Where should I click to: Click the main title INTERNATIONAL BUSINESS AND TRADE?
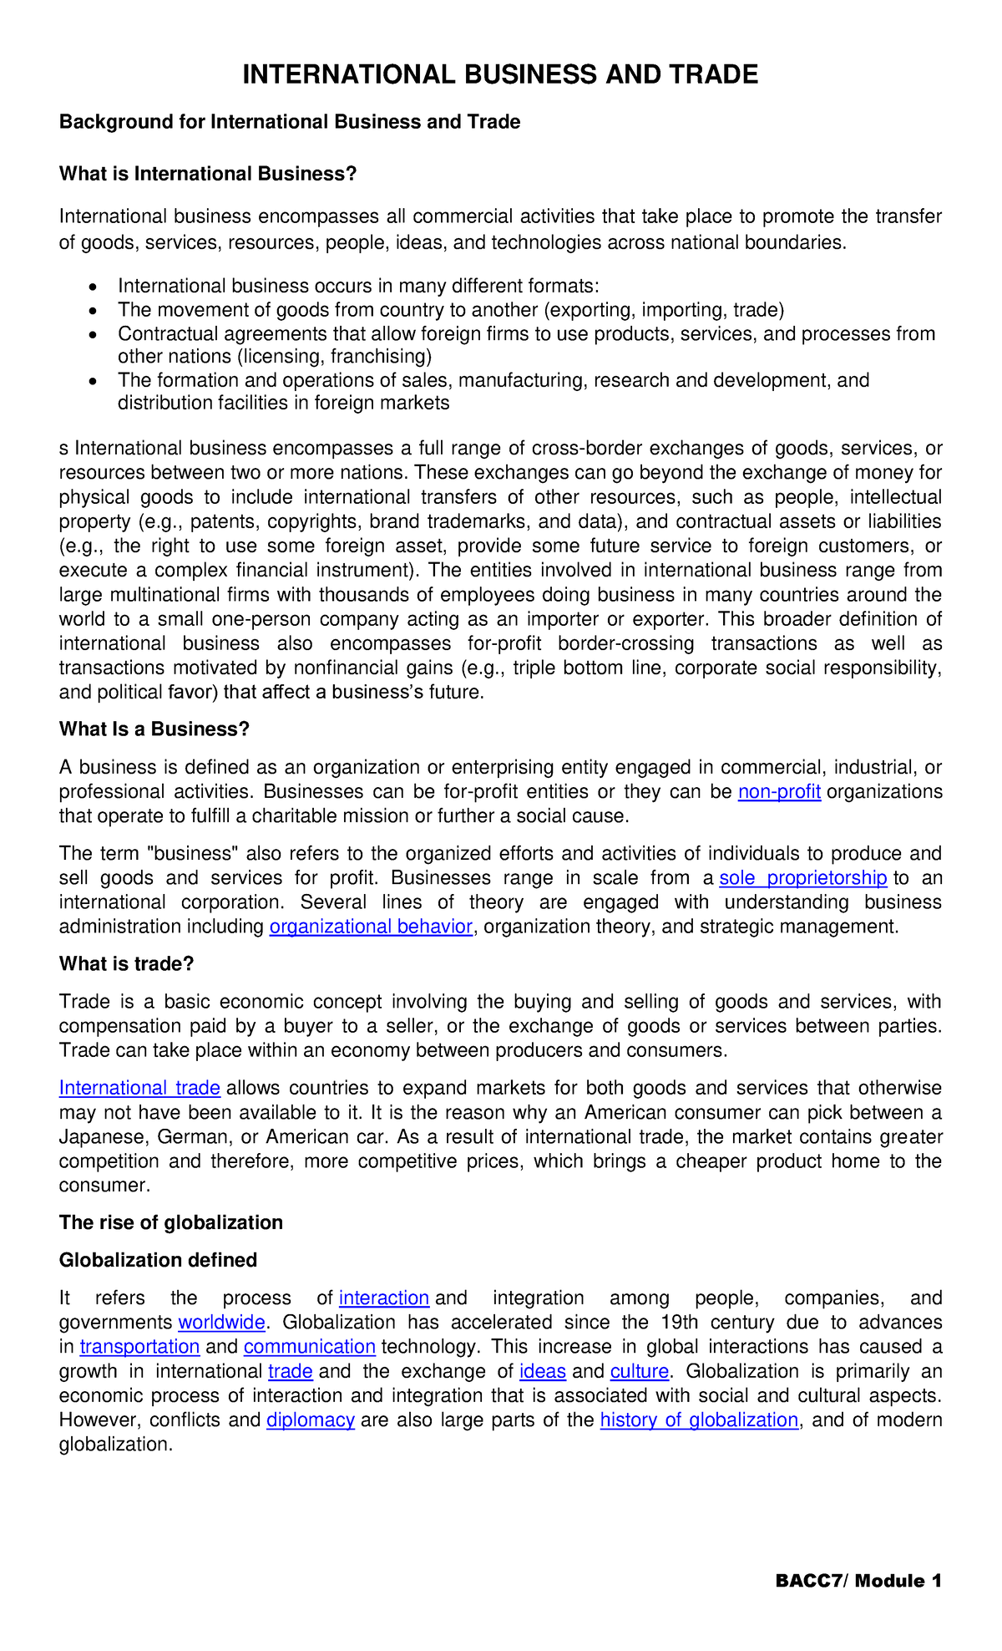(x=500, y=75)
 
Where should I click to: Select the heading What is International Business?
(x=208, y=174)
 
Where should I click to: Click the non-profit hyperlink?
(x=779, y=791)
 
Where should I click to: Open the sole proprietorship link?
(x=802, y=877)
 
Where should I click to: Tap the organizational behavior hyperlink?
(x=371, y=927)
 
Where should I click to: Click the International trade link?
(x=139, y=1088)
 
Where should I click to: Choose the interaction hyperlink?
(x=384, y=1298)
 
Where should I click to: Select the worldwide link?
(x=221, y=1322)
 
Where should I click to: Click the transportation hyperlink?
(x=139, y=1347)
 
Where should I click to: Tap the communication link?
(x=310, y=1347)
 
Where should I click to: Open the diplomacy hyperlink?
(x=311, y=1420)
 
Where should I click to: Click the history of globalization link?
(x=699, y=1420)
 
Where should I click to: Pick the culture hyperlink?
(x=640, y=1371)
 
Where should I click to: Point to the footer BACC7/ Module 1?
(x=858, y=1581)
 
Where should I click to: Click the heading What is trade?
(x=126, y=963)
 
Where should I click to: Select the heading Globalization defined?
(x=158, y=1260)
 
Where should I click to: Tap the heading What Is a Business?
(x=154, y=729)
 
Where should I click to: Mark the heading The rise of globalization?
(x=170, y=1222)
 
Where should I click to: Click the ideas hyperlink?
(x=542, y=1371)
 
